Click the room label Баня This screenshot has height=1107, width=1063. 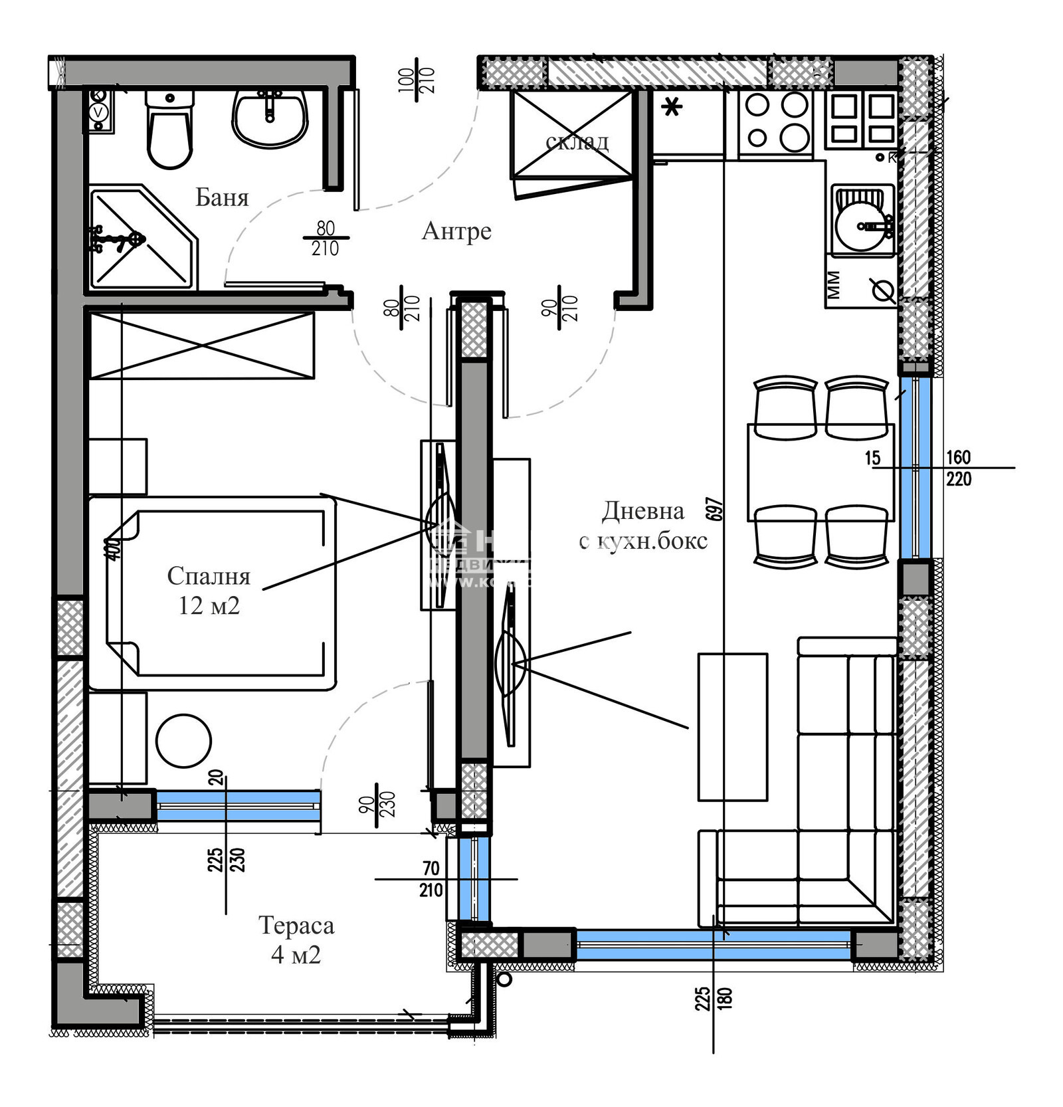pyautogui.click(x=222, y=197)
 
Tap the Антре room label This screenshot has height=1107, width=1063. pyautogui.click(x=456, y=231)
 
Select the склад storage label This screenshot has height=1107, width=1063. pyautogui.click(x=576, y=142)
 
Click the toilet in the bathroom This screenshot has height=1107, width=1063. pyautogui.click(x=170, y=130)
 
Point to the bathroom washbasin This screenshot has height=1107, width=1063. pyautogui.click(x=269, y=118)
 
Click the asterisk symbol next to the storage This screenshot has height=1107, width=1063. pyautogui.click(x=672, y=106)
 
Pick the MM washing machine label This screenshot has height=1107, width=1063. pyautogui.click(x=834, y=284)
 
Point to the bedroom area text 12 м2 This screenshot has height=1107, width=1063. pyautogui.click(x=209, y=606)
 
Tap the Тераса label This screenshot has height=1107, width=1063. pyautogui.click(x=296, y=925)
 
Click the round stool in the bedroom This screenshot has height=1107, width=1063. pyautogui.click(x=183, y=741)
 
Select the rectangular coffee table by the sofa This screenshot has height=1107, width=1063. pyautogui.click(x=732, y=727)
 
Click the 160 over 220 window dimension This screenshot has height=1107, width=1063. pyautogui.click(x=958, y=468)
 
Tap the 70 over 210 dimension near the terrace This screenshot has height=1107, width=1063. pyautogui.click(x=431, y=879)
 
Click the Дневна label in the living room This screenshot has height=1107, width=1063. pyautogui.click(x=642, y=510)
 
